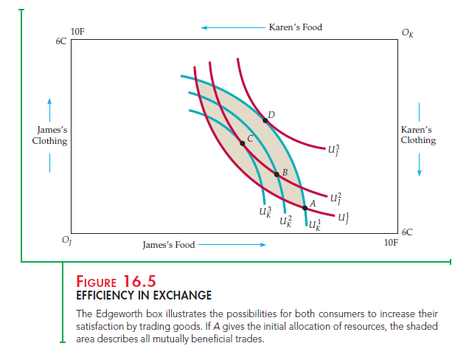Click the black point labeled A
coord(305,207)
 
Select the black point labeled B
coord(277,174)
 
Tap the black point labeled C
coord(242,143)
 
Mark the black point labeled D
coord(265,120)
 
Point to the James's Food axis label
coord(168,244)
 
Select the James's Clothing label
coord(49,135)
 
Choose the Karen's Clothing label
coord(418,135)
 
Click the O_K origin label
coord(408,32)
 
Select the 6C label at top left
coord(60,42)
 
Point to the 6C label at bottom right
coord(409,231)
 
